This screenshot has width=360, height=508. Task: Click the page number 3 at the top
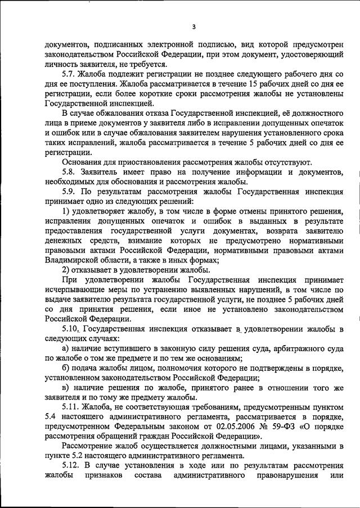193,26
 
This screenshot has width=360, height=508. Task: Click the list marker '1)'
66,211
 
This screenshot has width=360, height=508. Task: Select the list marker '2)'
66,270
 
